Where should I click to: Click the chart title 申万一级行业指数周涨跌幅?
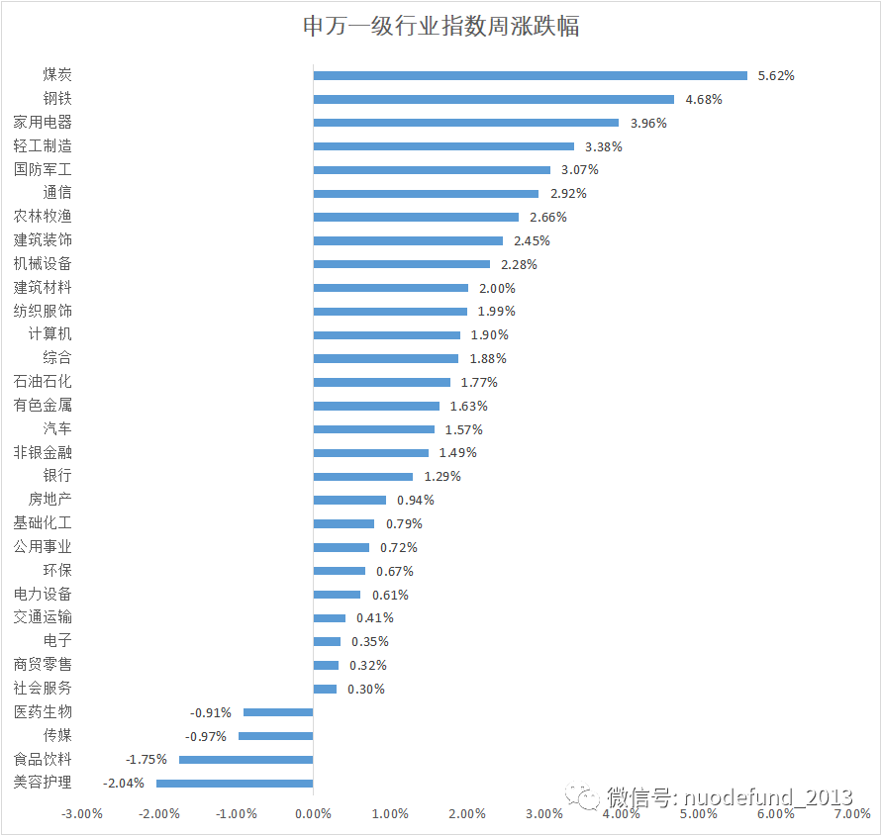440,26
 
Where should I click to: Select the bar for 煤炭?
530,75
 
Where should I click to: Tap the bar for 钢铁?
493,99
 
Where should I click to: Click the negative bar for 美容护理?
235,784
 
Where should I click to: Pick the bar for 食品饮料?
245,760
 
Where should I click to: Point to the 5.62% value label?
776,75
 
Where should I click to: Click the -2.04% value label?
124,784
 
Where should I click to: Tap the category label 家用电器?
43,123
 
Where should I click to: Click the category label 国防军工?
43,169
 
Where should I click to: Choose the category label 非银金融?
43,452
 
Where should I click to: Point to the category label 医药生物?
43,712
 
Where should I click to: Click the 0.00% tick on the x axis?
313,814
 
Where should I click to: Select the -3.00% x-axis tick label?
82,814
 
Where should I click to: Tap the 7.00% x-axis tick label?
851,814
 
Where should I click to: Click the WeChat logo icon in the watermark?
583,796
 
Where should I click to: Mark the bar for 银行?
362,477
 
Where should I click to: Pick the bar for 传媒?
275,736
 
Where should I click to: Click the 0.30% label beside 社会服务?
365,690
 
